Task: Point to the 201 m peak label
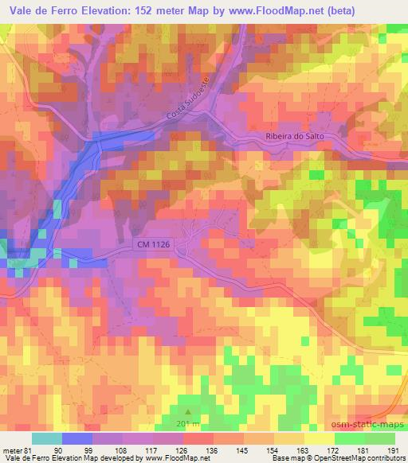[x=188, y=424]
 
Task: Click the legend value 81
[x=30, y=450]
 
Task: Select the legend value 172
[x=335, y=450]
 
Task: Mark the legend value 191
[x=394, y=450]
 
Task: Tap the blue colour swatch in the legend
[x=76, y=438]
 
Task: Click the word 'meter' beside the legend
[x=12, y=450]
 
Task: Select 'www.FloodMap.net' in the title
[x=271, y=10]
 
